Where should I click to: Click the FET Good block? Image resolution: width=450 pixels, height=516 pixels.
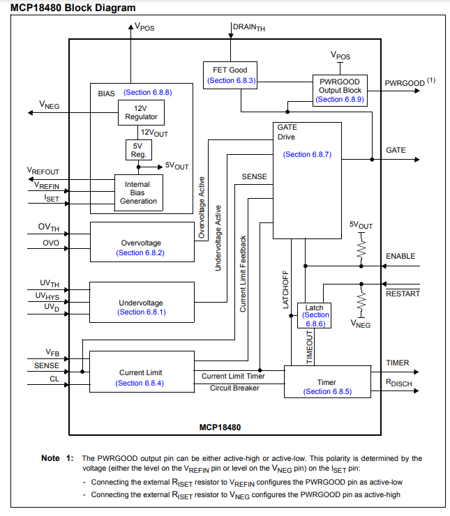230,75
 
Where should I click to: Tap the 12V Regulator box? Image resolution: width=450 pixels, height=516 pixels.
141,113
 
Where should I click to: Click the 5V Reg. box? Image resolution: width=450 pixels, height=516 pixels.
137,150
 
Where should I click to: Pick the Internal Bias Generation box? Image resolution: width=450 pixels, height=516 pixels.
138,192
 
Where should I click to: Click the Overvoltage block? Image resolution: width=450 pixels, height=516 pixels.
142,242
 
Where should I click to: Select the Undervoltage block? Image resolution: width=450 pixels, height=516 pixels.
142,302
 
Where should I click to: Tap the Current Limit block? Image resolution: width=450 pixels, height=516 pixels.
142,372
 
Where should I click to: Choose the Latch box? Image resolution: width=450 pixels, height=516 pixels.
315,315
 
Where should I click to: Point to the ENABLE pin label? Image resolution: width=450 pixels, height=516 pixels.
400,257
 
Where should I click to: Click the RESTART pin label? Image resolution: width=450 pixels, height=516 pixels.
403,294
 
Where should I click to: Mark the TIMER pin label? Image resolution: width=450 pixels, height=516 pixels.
398,363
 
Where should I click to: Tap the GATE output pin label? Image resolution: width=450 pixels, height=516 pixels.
396,151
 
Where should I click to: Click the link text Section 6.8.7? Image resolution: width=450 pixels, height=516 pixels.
307,154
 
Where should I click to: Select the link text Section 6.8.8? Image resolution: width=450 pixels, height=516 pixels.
147,92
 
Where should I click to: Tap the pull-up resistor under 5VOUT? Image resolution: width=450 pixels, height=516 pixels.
361,247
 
